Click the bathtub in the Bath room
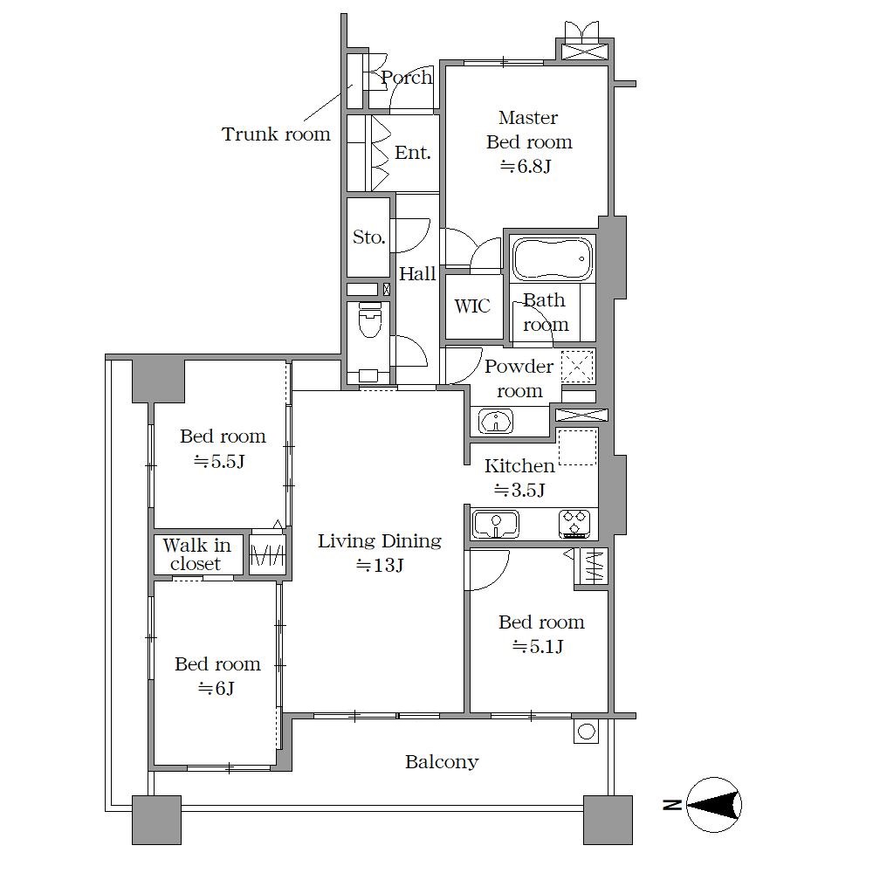553,258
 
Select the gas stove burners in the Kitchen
574,524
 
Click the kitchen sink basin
496,524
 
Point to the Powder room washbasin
496,421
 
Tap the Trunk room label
276,134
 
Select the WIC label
472,306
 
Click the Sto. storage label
368,237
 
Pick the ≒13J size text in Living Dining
380,565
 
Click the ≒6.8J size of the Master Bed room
526,166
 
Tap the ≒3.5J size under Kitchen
519,490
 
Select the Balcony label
442,761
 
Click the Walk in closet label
196,554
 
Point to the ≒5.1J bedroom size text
538,646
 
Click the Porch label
407,78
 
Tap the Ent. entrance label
413,152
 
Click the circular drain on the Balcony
587,732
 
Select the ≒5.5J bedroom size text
219,462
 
